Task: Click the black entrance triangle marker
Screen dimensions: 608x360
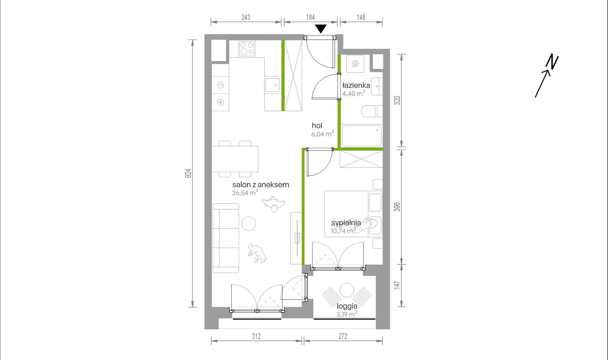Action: (321, 28)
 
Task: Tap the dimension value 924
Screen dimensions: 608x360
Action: (188, 173)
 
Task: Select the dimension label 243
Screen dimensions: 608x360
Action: (246, 17)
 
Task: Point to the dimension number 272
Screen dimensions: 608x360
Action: (343, 336)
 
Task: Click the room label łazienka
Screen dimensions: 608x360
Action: (356, 85)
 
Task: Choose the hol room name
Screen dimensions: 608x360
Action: (317, 126)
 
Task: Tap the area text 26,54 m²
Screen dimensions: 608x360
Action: (245, 193)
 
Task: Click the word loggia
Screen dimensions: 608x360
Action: (347, 306)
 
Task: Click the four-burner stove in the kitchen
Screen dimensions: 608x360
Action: (247, 49)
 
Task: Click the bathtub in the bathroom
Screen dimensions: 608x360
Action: (362, 136)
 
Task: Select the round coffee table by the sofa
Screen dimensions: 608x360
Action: (248, 224)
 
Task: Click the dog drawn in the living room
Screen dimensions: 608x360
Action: (257, 253)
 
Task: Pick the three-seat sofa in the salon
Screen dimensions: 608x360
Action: (226, 238)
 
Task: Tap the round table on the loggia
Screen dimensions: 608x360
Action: (347, 290)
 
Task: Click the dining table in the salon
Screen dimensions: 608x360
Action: (235, 159)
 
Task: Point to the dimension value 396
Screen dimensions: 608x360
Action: (397, 207)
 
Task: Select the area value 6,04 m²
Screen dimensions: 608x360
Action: (323, 134)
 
